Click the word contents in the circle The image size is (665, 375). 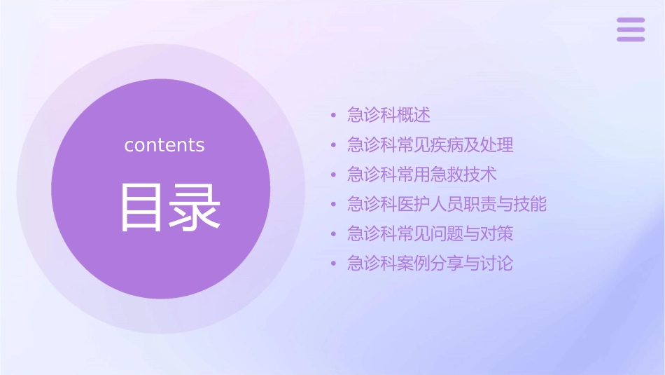coord(164,145)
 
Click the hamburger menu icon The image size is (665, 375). coord(631,30)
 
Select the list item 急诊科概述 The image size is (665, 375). coord(388,114)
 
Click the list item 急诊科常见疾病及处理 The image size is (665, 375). coord(430,145)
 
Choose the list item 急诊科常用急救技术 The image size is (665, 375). coord(422,175)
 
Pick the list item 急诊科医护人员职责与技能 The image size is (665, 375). coord(447,204)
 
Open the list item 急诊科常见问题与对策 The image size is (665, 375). coord(430,233)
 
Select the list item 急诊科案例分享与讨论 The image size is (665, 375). coord(430,264)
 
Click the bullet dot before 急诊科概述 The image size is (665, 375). coord(333,115)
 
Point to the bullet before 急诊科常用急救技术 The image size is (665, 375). coord(333,175)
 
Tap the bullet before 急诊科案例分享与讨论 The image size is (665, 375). coord(333,264)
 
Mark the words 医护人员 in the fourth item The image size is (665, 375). coord(430,204)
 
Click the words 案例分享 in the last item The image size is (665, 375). coord(430,264)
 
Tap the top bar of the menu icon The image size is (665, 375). coord(631,20)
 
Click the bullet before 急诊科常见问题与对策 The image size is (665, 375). coord(333,234)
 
